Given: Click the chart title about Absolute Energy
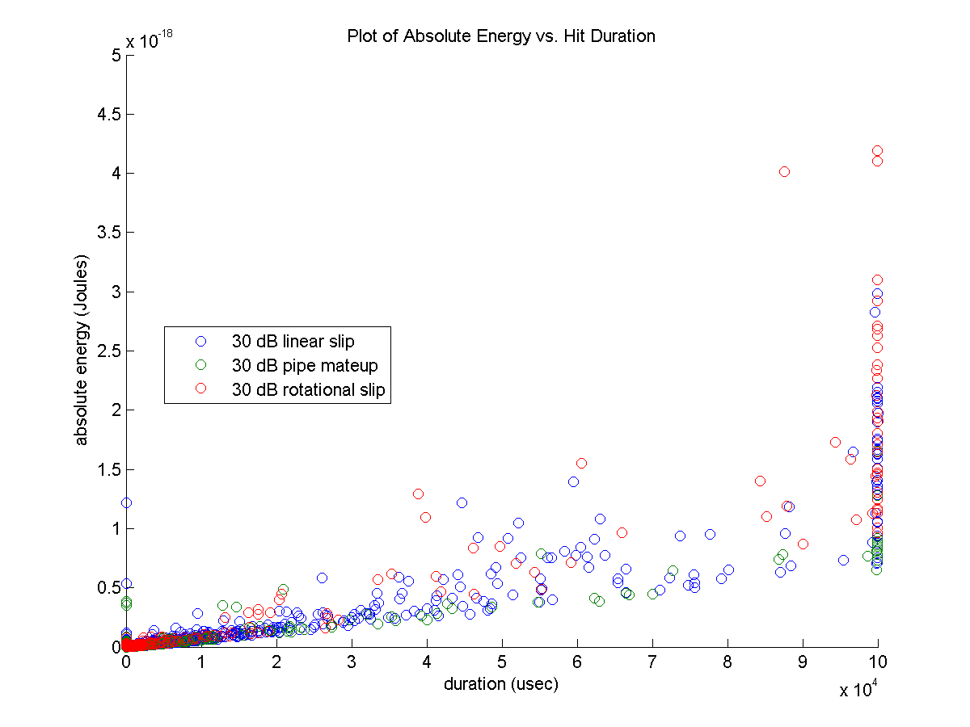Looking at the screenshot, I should (x=500, y=36).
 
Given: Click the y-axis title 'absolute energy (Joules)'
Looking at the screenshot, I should (x=82, y=351).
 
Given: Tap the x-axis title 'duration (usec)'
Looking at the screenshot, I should (x=500, y=684).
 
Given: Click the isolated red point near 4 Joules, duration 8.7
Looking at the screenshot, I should (x=784, y=171).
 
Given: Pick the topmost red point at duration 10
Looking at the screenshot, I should (x=877, y=151).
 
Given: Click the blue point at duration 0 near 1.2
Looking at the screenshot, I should (x=126, y=502).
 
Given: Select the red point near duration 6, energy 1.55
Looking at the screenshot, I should (x=581, y=463).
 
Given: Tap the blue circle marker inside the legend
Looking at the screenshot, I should (x=200, y=341).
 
